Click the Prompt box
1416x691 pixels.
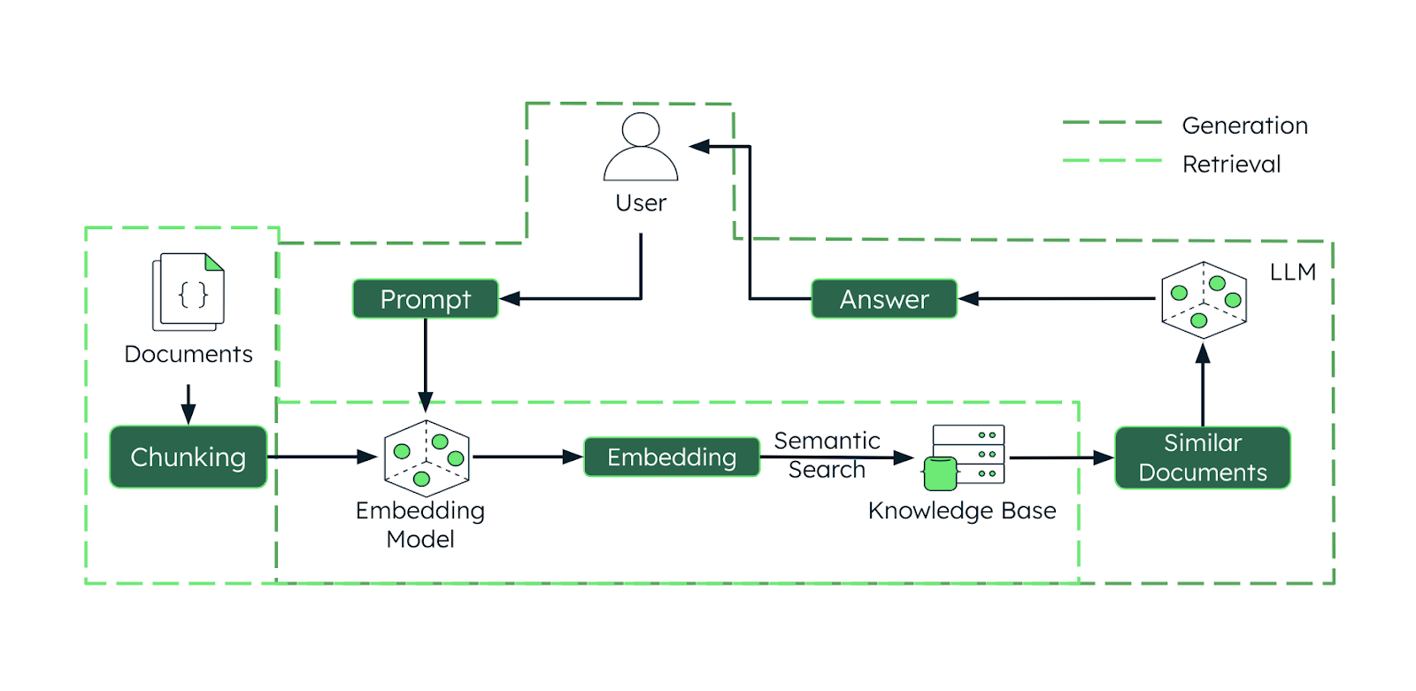pyautogui.click(x=425, y=299)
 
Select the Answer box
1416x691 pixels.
pyautogui.click(x=884, y=299)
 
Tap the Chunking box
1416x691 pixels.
pyautogui.click(x=188, y=457)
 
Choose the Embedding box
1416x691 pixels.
pyautogui.click(x=672, y=457)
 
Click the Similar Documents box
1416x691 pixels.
pyautogui.click(x=1202, y=457)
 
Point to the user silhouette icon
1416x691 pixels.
pyautogui.click(x=641, y=148)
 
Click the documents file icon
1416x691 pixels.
pyautogui.click(x=189, y=292)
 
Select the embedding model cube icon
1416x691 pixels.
pyautogui.click(x=427, y=458)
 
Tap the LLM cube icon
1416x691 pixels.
pyautogui.click(x=1204, y=300)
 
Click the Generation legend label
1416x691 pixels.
pyautogui.click(x=1244, y=126)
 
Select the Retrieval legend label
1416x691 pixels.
pyautogui.click(x=1231, y=165)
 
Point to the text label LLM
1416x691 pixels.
pyautogui.click(x=1292, y=272)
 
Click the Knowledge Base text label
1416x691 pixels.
pyautogui.click(x=961, y=511)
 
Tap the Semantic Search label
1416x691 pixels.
pyautogui.click(x=827, y=455)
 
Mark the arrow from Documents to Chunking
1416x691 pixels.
pyautogui.click(x=189, y=404)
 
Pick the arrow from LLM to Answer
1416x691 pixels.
pyautogui.click(x=1058, y=299)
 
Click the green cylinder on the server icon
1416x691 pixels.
pyautogui.click(x=940, y=473)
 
